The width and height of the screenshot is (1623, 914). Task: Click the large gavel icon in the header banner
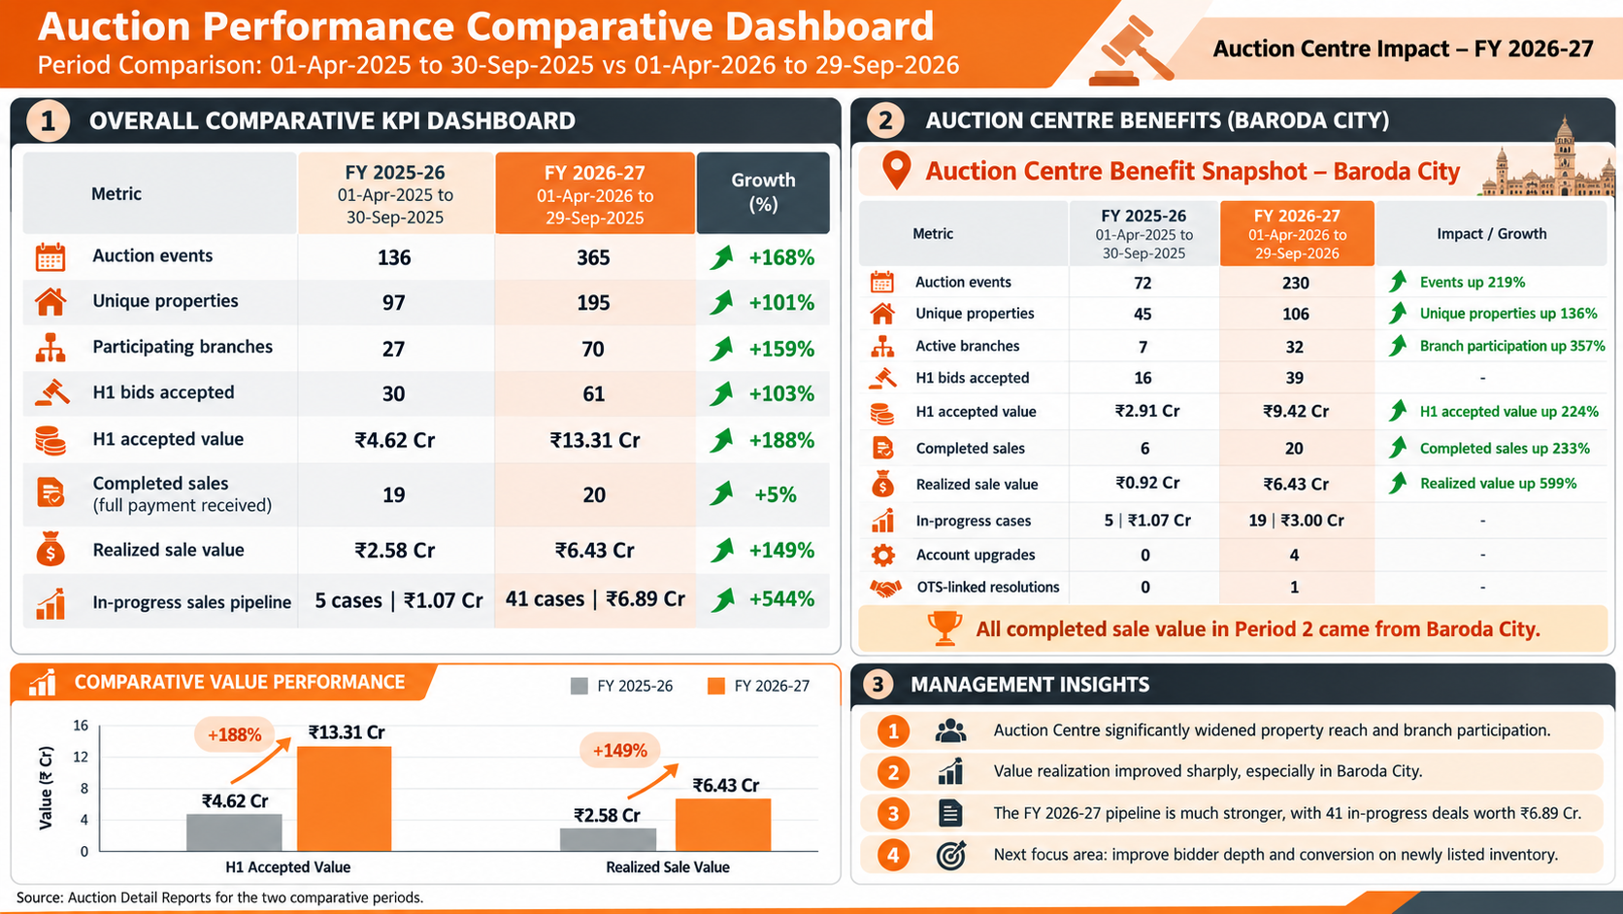pos(1130,51)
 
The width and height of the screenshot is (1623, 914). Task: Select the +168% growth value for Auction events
pos(781,257)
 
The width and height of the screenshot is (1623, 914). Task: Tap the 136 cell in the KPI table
pos(394,257)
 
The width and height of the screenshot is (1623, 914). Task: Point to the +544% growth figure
pos(781,598)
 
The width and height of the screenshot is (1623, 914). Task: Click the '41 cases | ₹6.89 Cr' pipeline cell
pos(595,598)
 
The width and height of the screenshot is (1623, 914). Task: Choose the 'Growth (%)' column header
pos(763,192)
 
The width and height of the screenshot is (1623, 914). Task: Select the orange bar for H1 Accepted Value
pos(345,798)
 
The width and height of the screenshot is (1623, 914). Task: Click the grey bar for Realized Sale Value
pos(608,839)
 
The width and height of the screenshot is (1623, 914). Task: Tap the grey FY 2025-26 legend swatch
pos(579,686)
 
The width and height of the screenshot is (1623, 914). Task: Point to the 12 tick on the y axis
pos(81,757)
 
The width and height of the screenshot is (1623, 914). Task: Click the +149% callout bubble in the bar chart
pos(619,750)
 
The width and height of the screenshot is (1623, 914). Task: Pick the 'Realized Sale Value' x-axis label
pos(667,866)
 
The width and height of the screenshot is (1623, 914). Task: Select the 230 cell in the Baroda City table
pos(1296,282)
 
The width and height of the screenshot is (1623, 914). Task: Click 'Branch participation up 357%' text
pos(1512,346)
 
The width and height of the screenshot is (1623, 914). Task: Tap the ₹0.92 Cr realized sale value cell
pos(1147,483)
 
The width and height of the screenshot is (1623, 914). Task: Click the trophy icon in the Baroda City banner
pos(944,627)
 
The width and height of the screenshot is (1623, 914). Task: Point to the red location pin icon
pos(896,170)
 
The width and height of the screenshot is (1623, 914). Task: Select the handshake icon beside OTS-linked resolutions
pos(884,588)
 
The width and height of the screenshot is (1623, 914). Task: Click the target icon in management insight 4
pos(950,856)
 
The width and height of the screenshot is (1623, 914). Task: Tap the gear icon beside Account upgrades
pos(882,556)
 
